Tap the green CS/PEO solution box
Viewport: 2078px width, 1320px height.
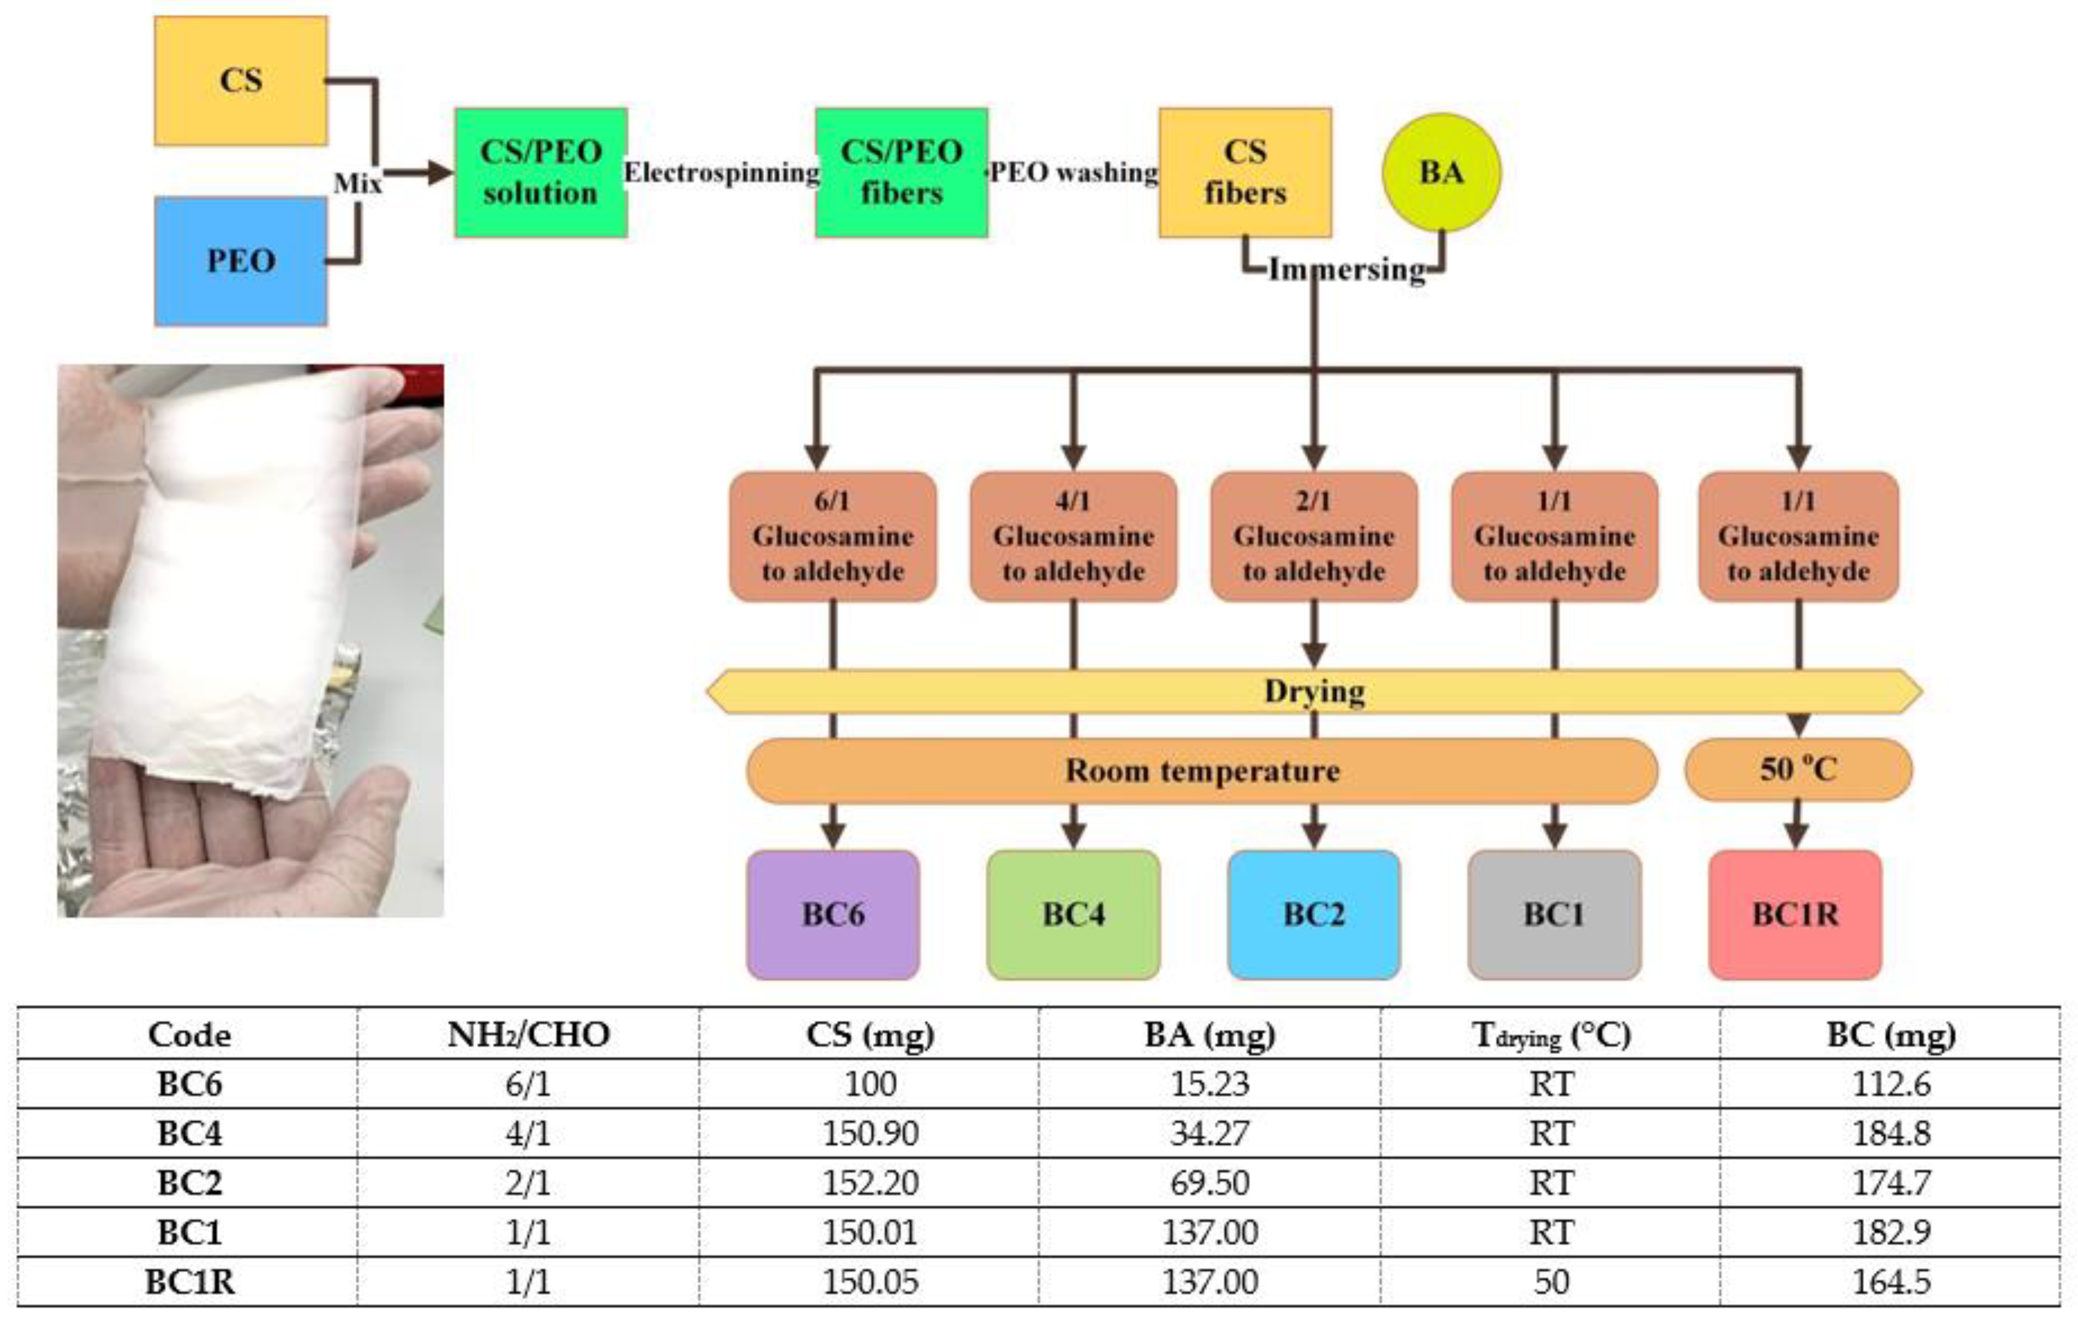tap(540, 173)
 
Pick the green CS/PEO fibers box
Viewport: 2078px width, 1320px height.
tap(901, 173)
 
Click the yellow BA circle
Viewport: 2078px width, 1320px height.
tap(1441, 173)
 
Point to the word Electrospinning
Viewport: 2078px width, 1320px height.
tap(721, 173)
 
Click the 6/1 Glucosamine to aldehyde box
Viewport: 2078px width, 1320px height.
tap(833, 536)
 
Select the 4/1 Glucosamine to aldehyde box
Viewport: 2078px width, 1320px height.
tap(1073, 536)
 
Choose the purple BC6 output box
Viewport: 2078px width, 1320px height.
tap(833, 914)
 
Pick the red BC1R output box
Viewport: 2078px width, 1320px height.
tap(1795, 914)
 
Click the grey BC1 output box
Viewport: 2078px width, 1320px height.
tap(1554, 914)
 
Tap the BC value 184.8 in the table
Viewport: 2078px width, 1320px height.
tap(1891, 1133)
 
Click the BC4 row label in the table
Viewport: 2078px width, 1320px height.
tap(189, 1133)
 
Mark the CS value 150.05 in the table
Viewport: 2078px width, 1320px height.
tap(870, 1282)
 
